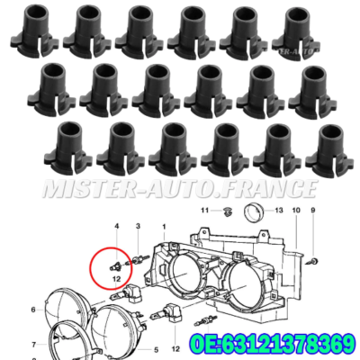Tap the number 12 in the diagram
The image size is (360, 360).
click(116, 280)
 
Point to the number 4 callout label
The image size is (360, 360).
click(116, 225)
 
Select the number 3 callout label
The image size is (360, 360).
click(137, 225)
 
